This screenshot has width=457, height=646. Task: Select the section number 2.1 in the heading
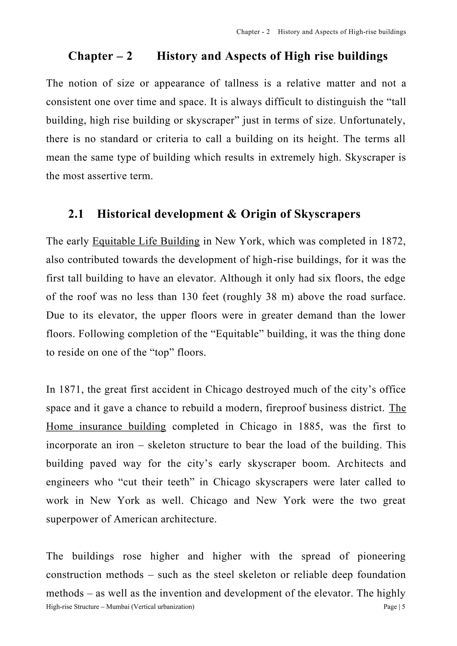point(76,214)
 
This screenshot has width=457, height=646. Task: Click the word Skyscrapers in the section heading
point(327,214)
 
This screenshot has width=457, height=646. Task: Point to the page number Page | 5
point(394,607)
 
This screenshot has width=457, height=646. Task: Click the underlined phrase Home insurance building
point(106,427)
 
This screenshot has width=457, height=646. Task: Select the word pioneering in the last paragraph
point(381,556)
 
